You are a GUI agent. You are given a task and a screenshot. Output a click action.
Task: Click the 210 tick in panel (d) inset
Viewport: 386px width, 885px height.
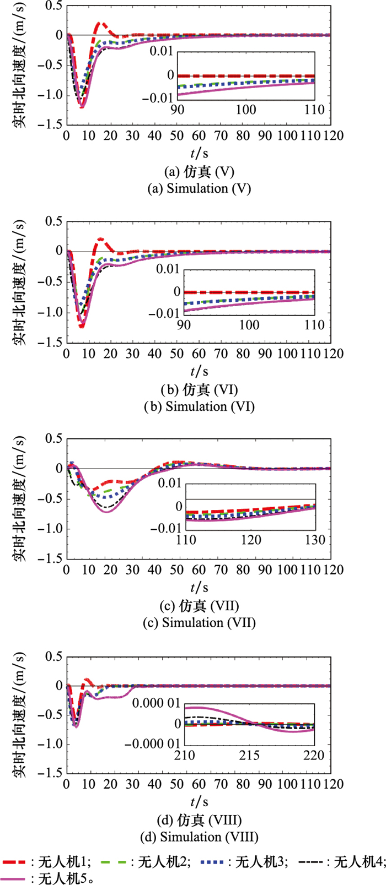[x=186, y=756]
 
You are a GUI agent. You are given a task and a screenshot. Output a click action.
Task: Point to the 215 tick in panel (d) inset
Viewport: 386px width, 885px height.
[x=250, y=756]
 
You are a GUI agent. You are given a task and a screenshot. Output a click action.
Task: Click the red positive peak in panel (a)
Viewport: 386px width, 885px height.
[x=100, y=24]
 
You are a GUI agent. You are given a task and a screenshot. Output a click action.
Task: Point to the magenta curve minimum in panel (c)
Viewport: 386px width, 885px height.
[x=107, y=512]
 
